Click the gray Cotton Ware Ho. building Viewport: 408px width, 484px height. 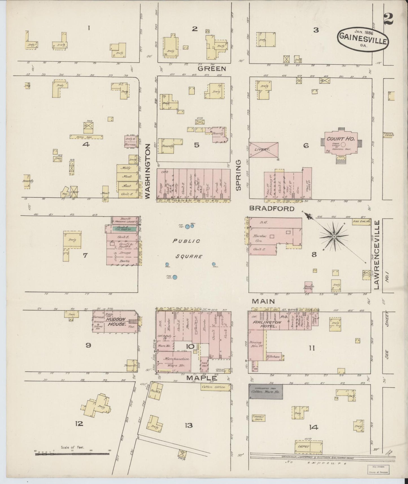pyautogui.click(x=266, y=391)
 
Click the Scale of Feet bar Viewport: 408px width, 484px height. pyautogui.click(x=72, y=454)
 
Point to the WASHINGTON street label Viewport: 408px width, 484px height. pyautogui.click(x=148, y=171)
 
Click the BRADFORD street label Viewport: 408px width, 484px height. pyautogui.click(x=272, y=208)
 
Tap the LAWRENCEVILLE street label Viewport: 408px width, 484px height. pyautogui.click(x=376, y=255)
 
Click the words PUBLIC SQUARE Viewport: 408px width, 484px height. pyautogui.click(x=187, y=248)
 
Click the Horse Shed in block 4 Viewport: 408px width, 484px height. pyautogui.click(x=86, y=137)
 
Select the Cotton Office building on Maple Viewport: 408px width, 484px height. pyautogui.click(x=213, y=387)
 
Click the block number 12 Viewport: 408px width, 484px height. pyautogui.click(x=79, y=423)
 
